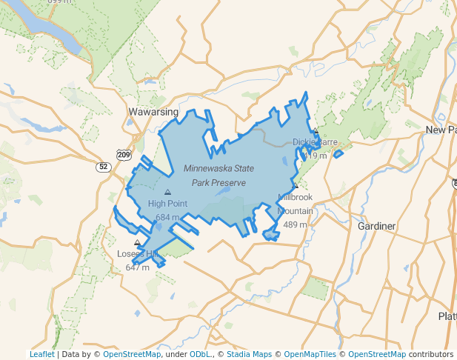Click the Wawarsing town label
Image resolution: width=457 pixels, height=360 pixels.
click(x=153, y=112)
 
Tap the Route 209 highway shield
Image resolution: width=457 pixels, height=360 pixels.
click(x=124, y=155)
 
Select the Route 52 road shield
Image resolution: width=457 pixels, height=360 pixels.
click(x=103, y=167)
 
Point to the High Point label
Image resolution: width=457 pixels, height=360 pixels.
click(x=167, y=204)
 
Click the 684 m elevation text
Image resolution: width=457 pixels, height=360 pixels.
click(x=167, y=217)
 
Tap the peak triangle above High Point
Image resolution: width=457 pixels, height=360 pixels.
click(x=167, y=192)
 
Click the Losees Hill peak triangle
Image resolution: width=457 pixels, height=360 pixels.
click(x=136, y=242)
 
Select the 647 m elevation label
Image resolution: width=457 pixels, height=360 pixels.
click(x=137, y=267)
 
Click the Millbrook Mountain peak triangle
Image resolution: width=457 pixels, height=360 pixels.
click(x=295, y=186)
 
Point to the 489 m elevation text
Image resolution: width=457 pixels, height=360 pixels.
click(x=296, y=224)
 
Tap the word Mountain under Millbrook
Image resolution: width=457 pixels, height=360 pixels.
click(x=296, y=211)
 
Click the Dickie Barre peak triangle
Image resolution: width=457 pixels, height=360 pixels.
click(x=316, y=130)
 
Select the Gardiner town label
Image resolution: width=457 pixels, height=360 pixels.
click(x=376, y=225)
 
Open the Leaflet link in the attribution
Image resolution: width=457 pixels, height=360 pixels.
click(x=41, y=354)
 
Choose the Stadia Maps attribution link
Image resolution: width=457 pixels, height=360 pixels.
click(x=247, y=354)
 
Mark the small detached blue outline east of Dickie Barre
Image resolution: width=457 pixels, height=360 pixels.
click(x=338, y=154)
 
